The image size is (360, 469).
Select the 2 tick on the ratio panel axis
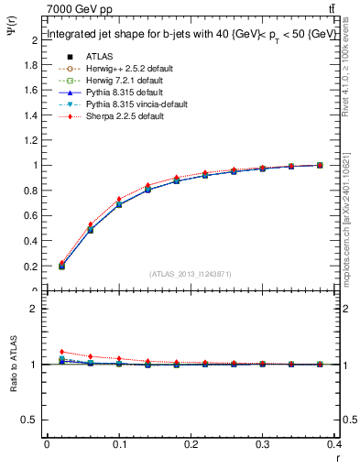point(35,309)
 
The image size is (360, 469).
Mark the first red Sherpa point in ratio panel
point(61,352)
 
